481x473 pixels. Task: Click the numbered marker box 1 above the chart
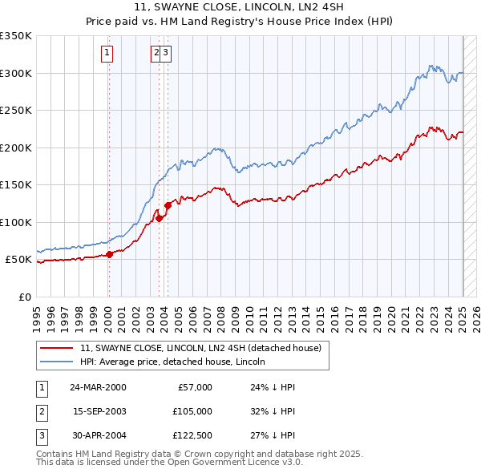pyautogui.click(x=107, y=54)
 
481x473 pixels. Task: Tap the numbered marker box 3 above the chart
pyautogui.click(x=165, y=54)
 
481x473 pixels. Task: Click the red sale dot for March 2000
pyautogui.click(x=109, y=255)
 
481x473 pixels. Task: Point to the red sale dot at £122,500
pyautogui.click(x=168, y=206)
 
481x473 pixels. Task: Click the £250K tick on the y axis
pyautogui.click(x=16, y=111)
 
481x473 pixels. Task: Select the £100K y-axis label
pyautogui.click(x=16, y=222)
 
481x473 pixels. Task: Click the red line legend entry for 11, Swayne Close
pyautogui.click(x=200, y=348)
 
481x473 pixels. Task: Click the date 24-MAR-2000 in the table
pyautogui.click(x=98, y=387)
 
